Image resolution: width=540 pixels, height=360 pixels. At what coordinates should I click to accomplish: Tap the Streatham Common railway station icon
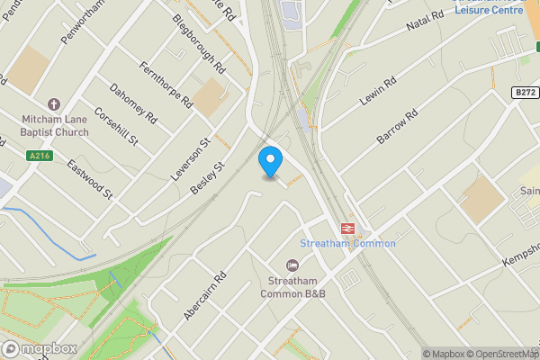click(346, 228)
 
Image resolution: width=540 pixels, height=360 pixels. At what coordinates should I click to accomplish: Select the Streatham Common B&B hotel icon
click(292, 265)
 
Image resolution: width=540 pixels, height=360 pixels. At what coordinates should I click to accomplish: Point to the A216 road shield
click(39, 156)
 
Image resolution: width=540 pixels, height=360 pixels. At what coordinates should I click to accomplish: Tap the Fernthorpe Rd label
click(167, 85)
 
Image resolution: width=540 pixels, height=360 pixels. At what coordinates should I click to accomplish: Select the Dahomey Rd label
click(132, 103)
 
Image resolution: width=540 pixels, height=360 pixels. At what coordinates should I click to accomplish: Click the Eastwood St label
click(93, 177)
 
